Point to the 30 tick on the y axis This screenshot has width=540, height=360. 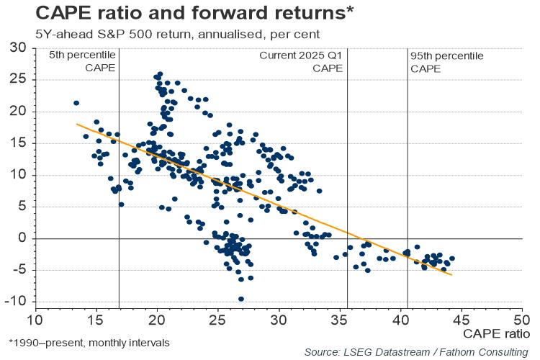click(18, 48)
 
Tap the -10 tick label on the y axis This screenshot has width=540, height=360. click(15, 301)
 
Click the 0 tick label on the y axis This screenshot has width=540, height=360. click(22, 238)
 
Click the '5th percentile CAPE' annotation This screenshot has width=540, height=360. click(83, 62)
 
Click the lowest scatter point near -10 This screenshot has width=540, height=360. click(240, 299)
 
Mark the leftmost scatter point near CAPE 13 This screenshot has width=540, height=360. click(76, 103)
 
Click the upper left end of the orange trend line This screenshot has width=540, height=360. click(77, 124)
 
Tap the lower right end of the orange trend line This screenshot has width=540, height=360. click(452, 275)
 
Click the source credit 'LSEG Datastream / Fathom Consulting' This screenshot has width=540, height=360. click(416, 351)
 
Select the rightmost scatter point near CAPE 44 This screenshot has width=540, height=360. click(452, 258)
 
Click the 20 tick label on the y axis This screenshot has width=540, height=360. click(18, 112)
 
